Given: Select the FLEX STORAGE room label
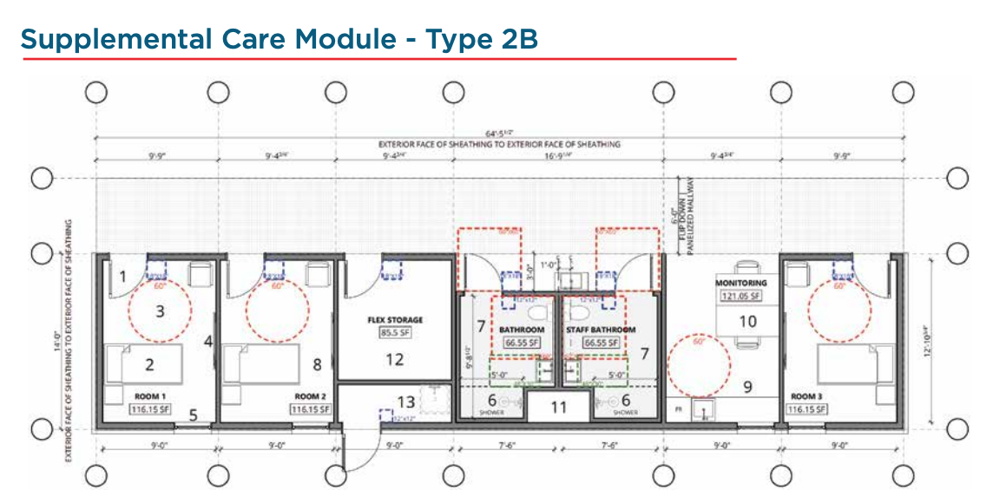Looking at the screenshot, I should pyautogui.click(x=394, y=320).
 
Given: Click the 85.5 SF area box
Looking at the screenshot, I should pyautogui.click(x=394, y=332).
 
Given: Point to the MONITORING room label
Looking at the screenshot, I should pyautogui.click(x=740, y=284).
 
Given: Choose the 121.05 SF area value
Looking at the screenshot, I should pyautogui.click(x=740, y=296).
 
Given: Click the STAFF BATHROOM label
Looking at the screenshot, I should pyautogui.click(x=601, y=330).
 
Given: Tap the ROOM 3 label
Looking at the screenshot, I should pyautogui.click(x=807, y=396).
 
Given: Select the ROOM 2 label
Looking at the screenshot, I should pyautogui.click(x=310, y=396).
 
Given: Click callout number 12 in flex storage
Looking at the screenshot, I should pyautogui.click(x=395, y=359).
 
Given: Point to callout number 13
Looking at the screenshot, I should pyautogui.click(x=405, y=402).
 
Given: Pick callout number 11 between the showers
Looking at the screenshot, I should pyautogui.click(x=558, y=406).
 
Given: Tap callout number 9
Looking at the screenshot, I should pyautogui.click(x=746, y=386).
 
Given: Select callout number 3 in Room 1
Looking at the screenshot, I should pyautogui.click(x=160, y=310).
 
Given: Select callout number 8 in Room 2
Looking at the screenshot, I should pyautogui.click(x=318, y=365).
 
